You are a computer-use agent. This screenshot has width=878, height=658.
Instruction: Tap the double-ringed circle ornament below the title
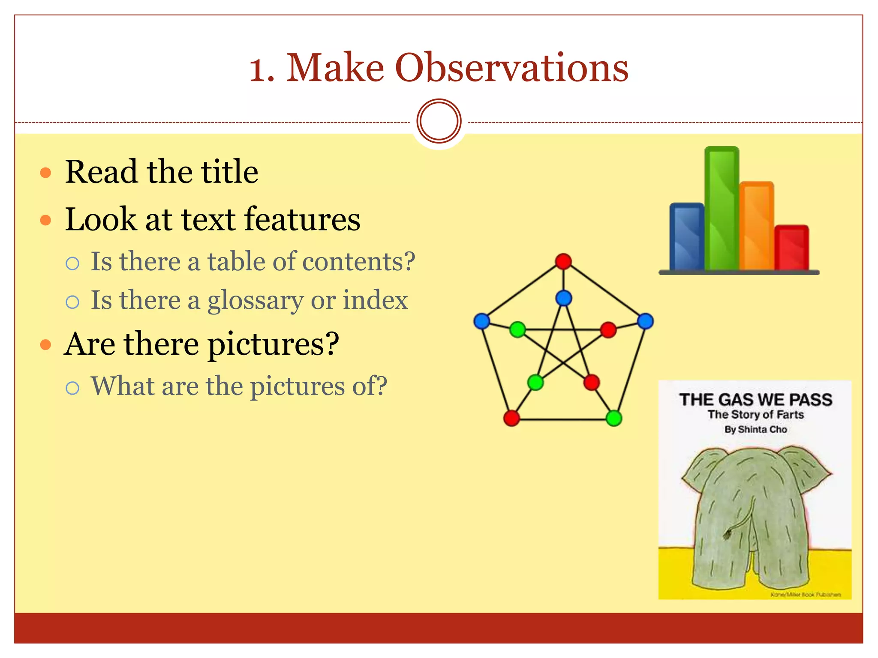(x=439, y=121)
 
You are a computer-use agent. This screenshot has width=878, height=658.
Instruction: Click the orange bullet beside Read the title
(x=45, y=173)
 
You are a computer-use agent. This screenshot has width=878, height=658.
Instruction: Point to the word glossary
(x=256, y=300)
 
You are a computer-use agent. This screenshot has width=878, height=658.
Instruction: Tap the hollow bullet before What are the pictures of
(x=72, y=388)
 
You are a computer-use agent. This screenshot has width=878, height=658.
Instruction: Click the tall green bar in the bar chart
(x=722, y=209)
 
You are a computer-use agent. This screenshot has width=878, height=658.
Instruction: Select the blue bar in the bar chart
(x=687, y=236)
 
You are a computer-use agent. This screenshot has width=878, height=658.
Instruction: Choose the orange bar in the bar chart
(x=757, y=226)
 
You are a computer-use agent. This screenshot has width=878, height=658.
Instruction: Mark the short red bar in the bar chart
(x=791, y=248)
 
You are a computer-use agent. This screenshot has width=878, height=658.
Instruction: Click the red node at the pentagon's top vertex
(x=563, y=261)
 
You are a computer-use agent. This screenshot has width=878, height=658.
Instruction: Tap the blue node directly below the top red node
(x=563, y=298)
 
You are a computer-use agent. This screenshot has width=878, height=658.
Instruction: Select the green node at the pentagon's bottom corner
(x=614, y=418)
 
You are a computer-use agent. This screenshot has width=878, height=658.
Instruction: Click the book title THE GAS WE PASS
(x=755, y=400)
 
